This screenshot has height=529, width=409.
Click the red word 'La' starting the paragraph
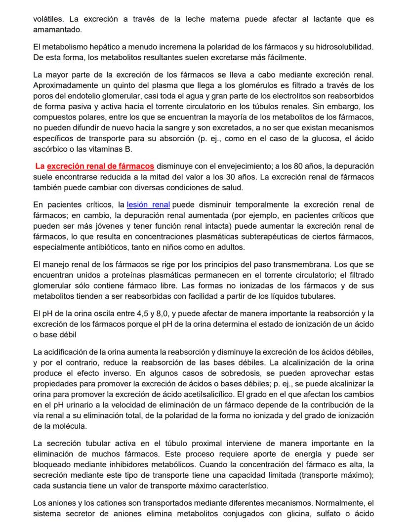tap(40, 166)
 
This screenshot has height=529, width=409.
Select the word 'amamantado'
tap(55, 30)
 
